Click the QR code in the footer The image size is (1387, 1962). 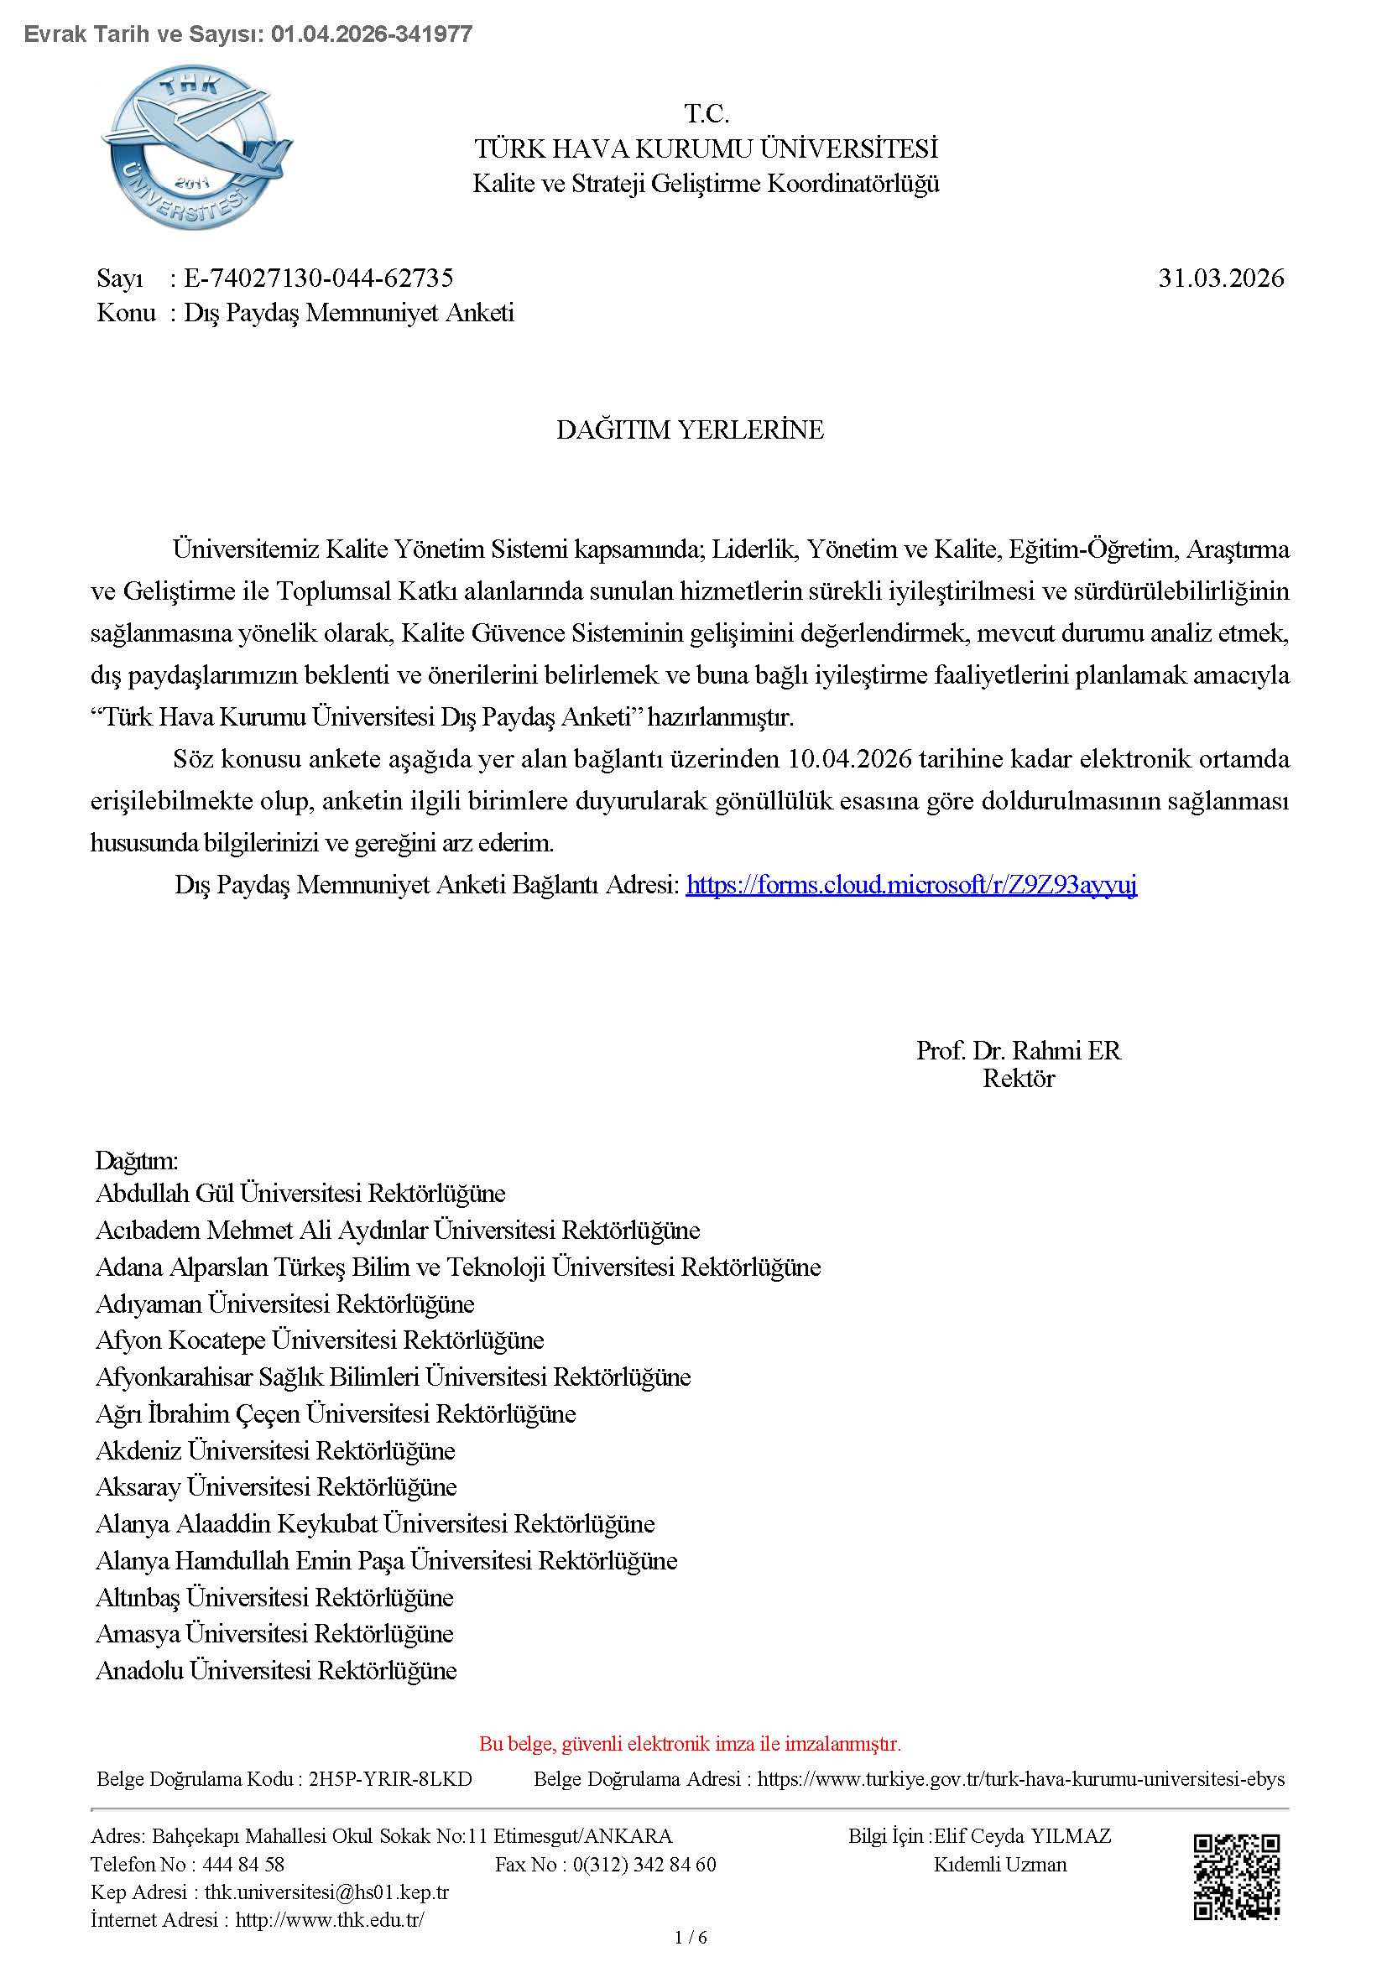pyautogui.click(x=1237, y=1876)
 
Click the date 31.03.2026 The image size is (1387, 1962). pyautogui.click(x=1220, y=278)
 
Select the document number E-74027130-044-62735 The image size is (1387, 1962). pyautogui.click(x=318, y=278)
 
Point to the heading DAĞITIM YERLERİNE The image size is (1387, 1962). pyautogui.click(x=690, y=429)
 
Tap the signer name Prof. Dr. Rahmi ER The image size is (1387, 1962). pyautogui.click(x=1018, y=1050)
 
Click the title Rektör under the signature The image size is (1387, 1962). pyautogui.click(x=1018, y=1079)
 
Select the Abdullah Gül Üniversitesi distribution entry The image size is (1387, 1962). pyautogui.click(x=300, y=1193)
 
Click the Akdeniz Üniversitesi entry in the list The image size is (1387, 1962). pyautogui.click(x=275, y=1450)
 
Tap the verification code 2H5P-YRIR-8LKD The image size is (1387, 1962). pyautogui.click(x=389, y=1779)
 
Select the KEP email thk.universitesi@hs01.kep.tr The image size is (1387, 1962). pyautogui.click(x=326, y=1892)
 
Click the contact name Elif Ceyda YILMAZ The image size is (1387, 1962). pyautogui.click(x=1022, y=1835)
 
